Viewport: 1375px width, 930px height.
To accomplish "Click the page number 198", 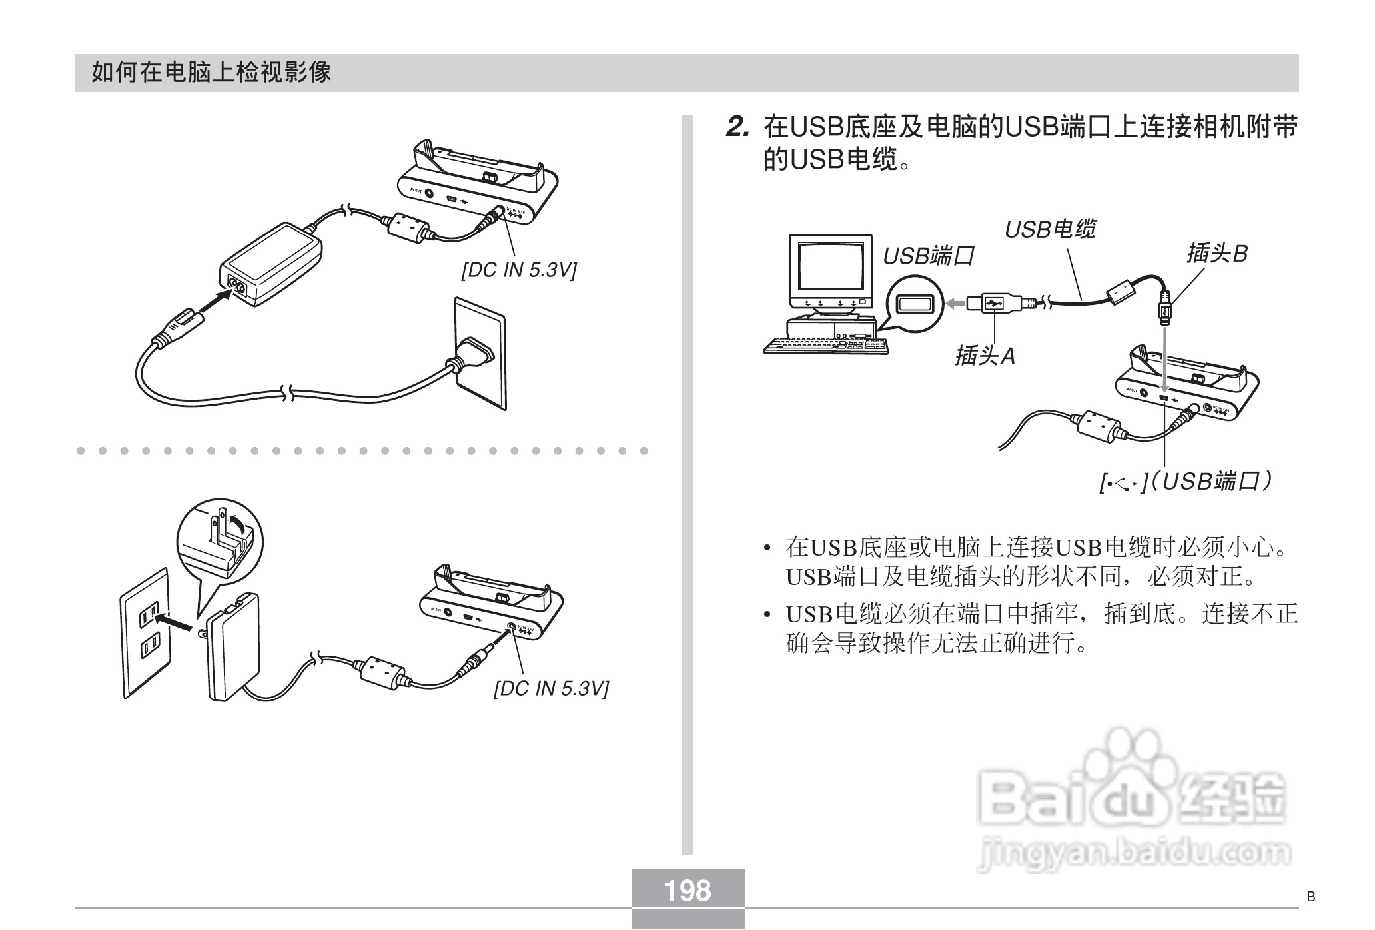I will click(x=688, y=890).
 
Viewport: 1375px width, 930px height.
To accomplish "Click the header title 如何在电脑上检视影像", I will click(x=211, y=72).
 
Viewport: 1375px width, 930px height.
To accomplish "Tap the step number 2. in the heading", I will click(x=738, y=127).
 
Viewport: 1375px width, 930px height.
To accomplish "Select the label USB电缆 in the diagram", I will click(x=1049, y=230).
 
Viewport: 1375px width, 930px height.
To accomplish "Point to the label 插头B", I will click(x=1216, y=254).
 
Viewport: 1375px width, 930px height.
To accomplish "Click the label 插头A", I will click(x=985, y=356).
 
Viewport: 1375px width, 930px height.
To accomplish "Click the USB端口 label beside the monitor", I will click(x=928, y=256).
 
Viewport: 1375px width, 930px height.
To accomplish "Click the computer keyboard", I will click(x=826, y=345).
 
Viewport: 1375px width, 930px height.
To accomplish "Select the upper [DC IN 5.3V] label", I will click(x=519, y=270).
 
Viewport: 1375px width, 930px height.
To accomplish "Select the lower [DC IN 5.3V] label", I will click(x=550, y=688).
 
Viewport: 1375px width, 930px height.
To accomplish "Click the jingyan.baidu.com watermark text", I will click(x=1133, y=853).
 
